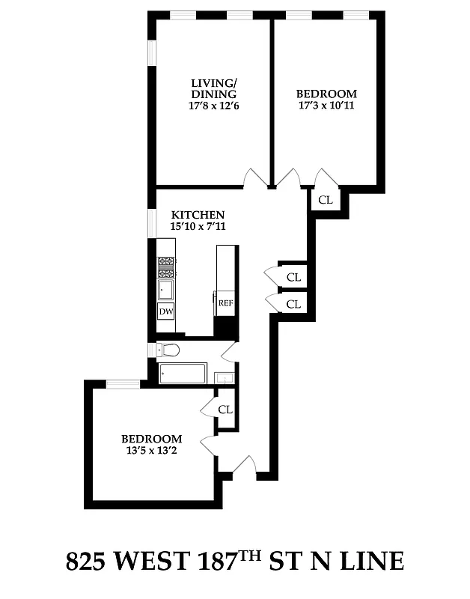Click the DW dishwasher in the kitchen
click(x=165, y=311)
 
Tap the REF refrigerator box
click(x=225, y=303)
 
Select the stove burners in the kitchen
click(x=165, y=267)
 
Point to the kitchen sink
click(x=165, y=290)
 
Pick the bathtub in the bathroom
click(x=183, y=373)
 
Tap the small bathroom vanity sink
click(x=225, y=378)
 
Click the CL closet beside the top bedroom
click(x=326, y=200)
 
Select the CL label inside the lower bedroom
click(x=225, y=410)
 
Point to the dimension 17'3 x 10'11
click(x=326, y=106)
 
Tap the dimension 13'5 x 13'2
click(x=152, y=451)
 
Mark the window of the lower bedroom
click(x=123, y=384)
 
